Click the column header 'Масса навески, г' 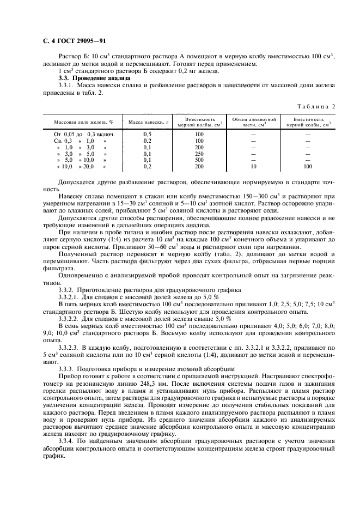pyautogui.click(x=147, y=122)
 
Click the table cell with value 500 pyautogui.click(x=199, y=160)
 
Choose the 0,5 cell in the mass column pyautogui.click(x=147, y=134)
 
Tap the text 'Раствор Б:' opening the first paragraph pyautogui.click(x=72, y=57)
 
